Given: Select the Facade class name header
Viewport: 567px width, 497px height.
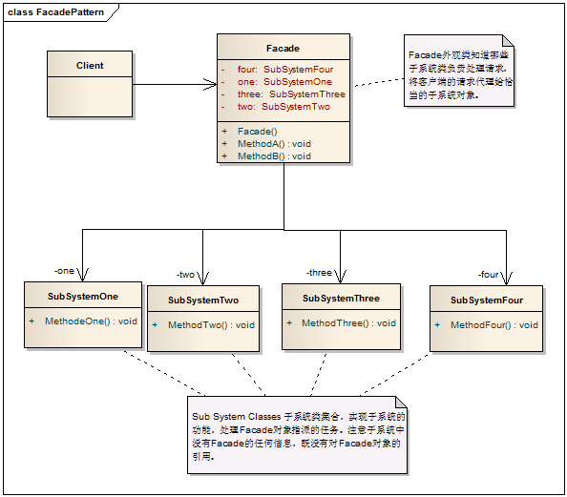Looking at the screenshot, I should pos(283,48).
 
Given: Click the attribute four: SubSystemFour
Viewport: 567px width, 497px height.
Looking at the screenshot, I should pos(285,70).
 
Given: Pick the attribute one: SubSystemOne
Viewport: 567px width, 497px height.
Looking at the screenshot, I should pos(283,82).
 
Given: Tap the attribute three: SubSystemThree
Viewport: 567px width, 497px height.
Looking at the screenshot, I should pos(291,94).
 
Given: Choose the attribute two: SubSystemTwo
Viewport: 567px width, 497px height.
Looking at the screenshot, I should pos(283,107).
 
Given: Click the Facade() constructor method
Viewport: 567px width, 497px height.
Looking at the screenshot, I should pos(257,131).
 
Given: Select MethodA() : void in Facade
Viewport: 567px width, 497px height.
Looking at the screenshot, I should pos(274,143).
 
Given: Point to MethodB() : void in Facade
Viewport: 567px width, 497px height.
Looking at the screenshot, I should pos(274,155).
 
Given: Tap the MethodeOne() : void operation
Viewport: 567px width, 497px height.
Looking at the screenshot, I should pos(91,321).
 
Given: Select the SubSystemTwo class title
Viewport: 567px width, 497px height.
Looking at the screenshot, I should pos(203,300).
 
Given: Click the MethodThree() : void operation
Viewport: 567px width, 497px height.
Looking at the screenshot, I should pos(348,323).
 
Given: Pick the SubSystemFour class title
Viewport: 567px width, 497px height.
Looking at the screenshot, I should pos(487,300).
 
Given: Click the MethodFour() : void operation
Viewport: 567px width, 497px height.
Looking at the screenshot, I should pos(493,325).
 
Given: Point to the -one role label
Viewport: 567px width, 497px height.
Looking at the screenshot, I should pos(64,270).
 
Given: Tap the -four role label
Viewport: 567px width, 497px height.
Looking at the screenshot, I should pos(489,275).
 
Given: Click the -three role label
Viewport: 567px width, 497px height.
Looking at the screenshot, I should pos(319,273).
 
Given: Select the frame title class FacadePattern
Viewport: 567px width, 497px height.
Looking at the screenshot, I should pos(49,12).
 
